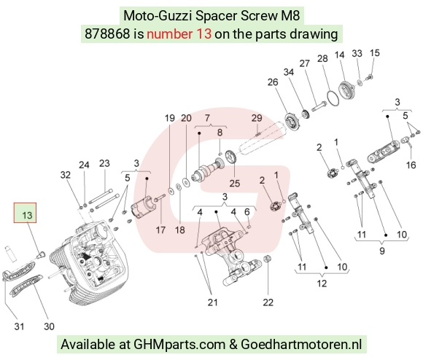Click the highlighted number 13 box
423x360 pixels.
tap(25, 213)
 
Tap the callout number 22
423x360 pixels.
tap(268, 302)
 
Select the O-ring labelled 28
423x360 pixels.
tap(333, 98)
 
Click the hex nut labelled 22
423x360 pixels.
tap(268, 259)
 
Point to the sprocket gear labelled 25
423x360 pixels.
tap(230, 157)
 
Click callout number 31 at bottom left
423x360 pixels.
tap(19, 326)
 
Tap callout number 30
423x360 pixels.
tap(49, 326)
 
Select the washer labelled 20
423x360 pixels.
tap(185, 182)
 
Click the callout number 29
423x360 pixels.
tap(257, 118)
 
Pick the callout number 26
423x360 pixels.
tap(273, 82)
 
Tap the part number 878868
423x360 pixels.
tap(107, 34)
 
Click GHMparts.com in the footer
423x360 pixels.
tap(179, 345)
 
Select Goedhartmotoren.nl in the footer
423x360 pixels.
tap(301, 345)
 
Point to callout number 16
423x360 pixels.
tap(411, 165)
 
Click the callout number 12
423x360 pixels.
tap(322, 283)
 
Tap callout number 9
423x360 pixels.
tap(382, 251)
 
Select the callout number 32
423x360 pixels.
tap(66, 175)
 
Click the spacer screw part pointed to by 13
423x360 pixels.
tap(41, 254)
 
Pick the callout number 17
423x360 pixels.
tap(160, 230)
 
